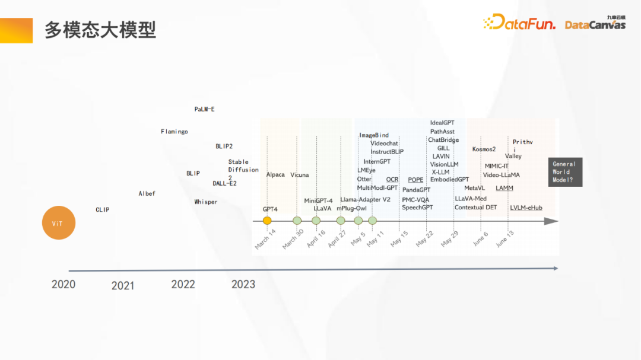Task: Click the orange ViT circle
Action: pos(58,223)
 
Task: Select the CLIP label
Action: pos(103,210)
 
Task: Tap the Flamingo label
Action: pos(174,132)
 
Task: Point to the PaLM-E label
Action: pos(205,110)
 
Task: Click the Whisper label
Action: pos(206,202)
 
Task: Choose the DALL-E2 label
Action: pos(225,184)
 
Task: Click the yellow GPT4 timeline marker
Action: pos(267,221)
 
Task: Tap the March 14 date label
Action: pos(265,239)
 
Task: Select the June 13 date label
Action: pos(504,239)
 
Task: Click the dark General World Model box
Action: pos(565,172)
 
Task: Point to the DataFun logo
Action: pos(519,23)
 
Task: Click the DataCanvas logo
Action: pos(595,24)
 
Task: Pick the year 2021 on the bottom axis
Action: pos(123,286)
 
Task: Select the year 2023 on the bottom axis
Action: pos(243,285)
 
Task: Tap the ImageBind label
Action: pos(374,136)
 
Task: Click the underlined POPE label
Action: pos(415,180)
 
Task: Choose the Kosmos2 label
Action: pos(484,149)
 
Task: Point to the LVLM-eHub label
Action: pos(526,208)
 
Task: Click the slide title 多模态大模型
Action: pos(100,30)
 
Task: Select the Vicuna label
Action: pos(300,175)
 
